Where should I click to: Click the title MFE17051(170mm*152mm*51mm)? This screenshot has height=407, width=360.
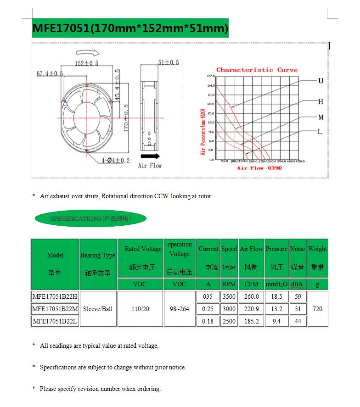click(130, 28)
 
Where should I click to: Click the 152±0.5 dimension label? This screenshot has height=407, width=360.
click(86, 63)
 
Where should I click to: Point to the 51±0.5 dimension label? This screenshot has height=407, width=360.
click(169, 62)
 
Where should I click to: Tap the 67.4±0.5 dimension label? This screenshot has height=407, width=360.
click(51, 73)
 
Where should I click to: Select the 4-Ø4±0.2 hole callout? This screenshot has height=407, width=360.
click(116, 160)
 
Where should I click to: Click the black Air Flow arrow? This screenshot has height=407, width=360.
click(150, 156)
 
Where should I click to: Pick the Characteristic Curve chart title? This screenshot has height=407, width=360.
click(257, 70)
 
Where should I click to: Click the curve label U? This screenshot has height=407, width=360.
click(321, 81)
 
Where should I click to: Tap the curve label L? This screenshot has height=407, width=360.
click(320, 132)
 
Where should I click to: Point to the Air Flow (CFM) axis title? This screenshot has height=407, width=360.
click(259, 168)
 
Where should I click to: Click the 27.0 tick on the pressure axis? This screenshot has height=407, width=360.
click(211, 76)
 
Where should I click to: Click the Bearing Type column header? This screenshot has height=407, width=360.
click(98, 255)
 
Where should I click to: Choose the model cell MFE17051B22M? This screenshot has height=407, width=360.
click(55, 309)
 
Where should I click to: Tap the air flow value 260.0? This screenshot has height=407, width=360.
click(251, 296)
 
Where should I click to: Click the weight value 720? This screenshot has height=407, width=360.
click(317, 309)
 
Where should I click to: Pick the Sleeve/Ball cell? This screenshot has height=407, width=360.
click(98, 309)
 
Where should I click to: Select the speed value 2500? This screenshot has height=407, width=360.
click(229, 321)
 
